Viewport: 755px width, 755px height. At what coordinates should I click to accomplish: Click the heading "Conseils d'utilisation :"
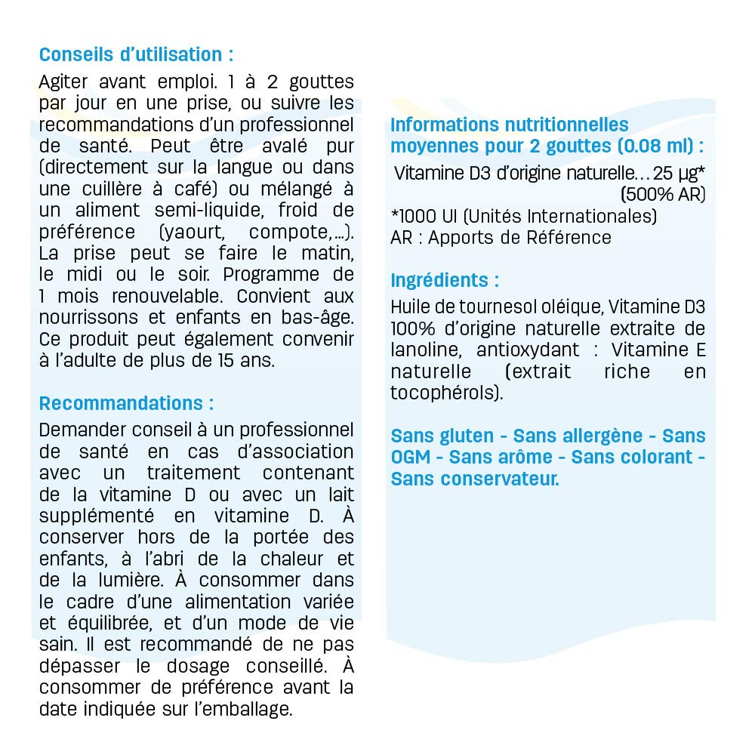pos(136,55)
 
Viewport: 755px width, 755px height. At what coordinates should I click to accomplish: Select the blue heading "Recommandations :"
pos(126,403)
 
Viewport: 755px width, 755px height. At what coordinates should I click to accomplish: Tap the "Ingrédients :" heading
pos(445,280)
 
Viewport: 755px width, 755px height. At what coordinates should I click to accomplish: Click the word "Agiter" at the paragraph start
pos(65,82)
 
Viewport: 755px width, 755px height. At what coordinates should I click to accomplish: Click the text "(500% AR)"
pos(663,194)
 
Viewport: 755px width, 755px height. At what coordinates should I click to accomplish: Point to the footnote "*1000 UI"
pos(423,217)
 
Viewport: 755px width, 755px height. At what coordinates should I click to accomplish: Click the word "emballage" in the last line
pos(254,709)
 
